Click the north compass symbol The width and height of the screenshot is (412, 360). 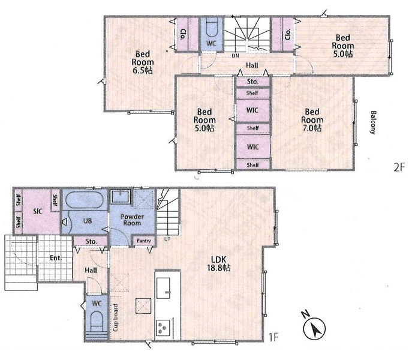pos(314,326)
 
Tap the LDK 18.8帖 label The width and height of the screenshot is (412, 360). pos(219,264)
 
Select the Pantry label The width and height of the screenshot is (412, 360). pos(144,241)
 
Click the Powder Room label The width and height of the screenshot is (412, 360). pos(132,220)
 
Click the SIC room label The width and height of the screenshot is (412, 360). pos(38,211)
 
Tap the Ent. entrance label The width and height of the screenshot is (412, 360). pos(55,258)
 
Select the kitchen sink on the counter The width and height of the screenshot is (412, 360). pos(164,288)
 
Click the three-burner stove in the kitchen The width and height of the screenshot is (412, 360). pos(163,328)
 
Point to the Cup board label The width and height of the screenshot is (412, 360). pos(116,317)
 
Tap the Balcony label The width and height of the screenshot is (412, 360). pos(373,122)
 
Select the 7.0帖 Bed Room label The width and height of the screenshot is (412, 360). pos(312,120)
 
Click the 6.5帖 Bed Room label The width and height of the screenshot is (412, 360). pos(142,62)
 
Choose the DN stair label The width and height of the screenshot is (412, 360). pos(236,56)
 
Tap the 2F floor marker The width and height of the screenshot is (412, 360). pos(399,167)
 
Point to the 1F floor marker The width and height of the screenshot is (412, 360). pos(273,337)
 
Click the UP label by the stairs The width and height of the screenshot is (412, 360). pos(167,239)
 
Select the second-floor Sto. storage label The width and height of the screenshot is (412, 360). pos(252,82)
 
